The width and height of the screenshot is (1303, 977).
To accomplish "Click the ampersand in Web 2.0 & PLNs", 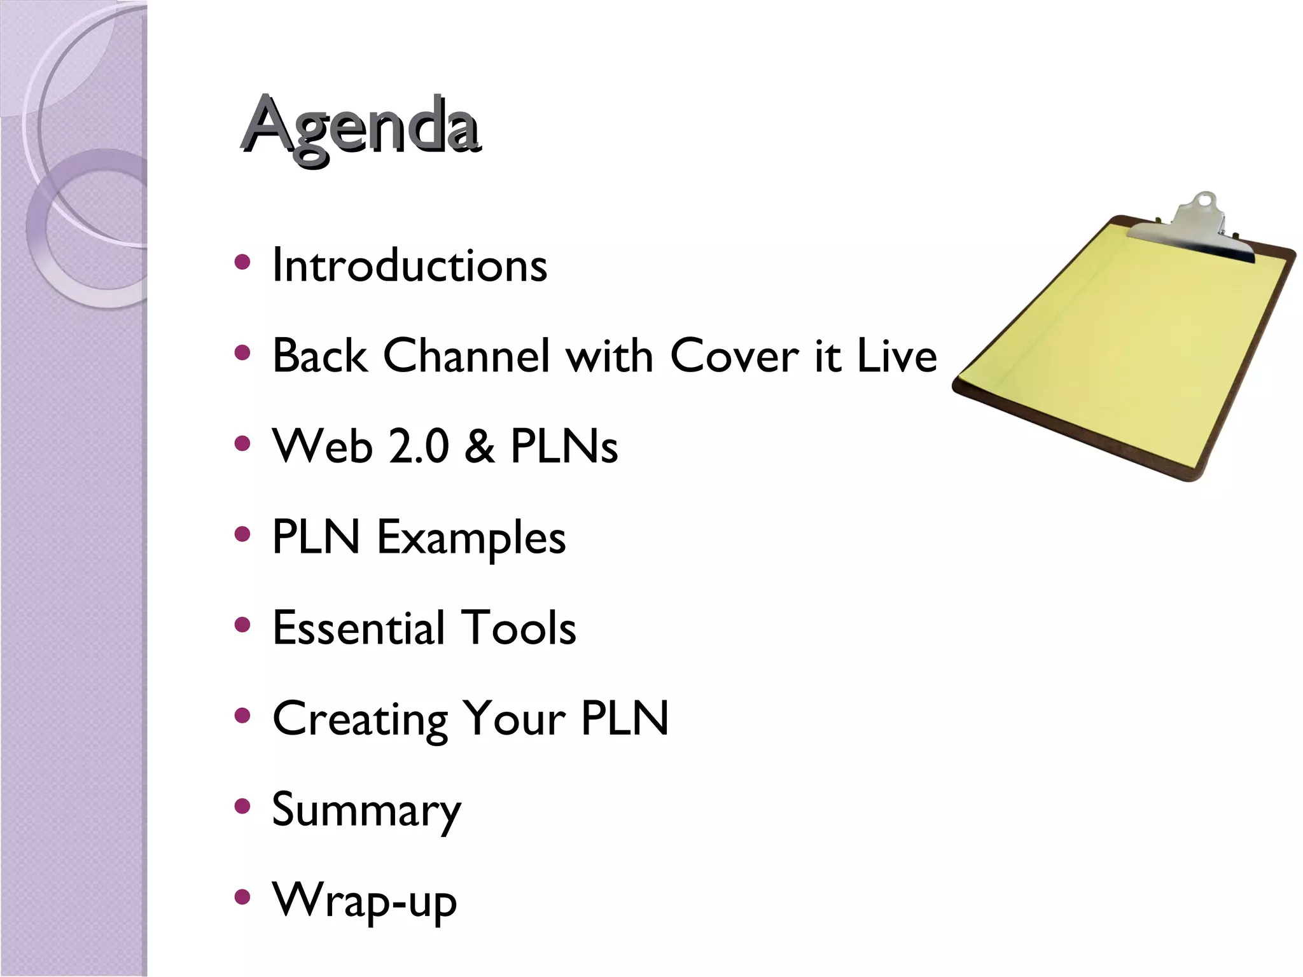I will pyautogui.click(x=479, y=446).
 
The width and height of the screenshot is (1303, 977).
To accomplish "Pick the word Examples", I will pyautogui.click(x=471, y=537).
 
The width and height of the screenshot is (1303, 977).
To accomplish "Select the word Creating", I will pyautogui.click(x=360, y=719).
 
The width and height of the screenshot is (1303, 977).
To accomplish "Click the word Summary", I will pyautogui.click(x=366, y=810).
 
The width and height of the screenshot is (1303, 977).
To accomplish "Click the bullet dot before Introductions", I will pyautogui.click(x=242, y=262).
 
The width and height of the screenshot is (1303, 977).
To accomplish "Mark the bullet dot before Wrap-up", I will pyautogui.click(x=242, y=897).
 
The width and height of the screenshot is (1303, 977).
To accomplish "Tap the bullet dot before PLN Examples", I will pyautogui.click(x=242, y=534).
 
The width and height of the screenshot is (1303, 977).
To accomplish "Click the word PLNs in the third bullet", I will pyautogui.click(x=564, y=446).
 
